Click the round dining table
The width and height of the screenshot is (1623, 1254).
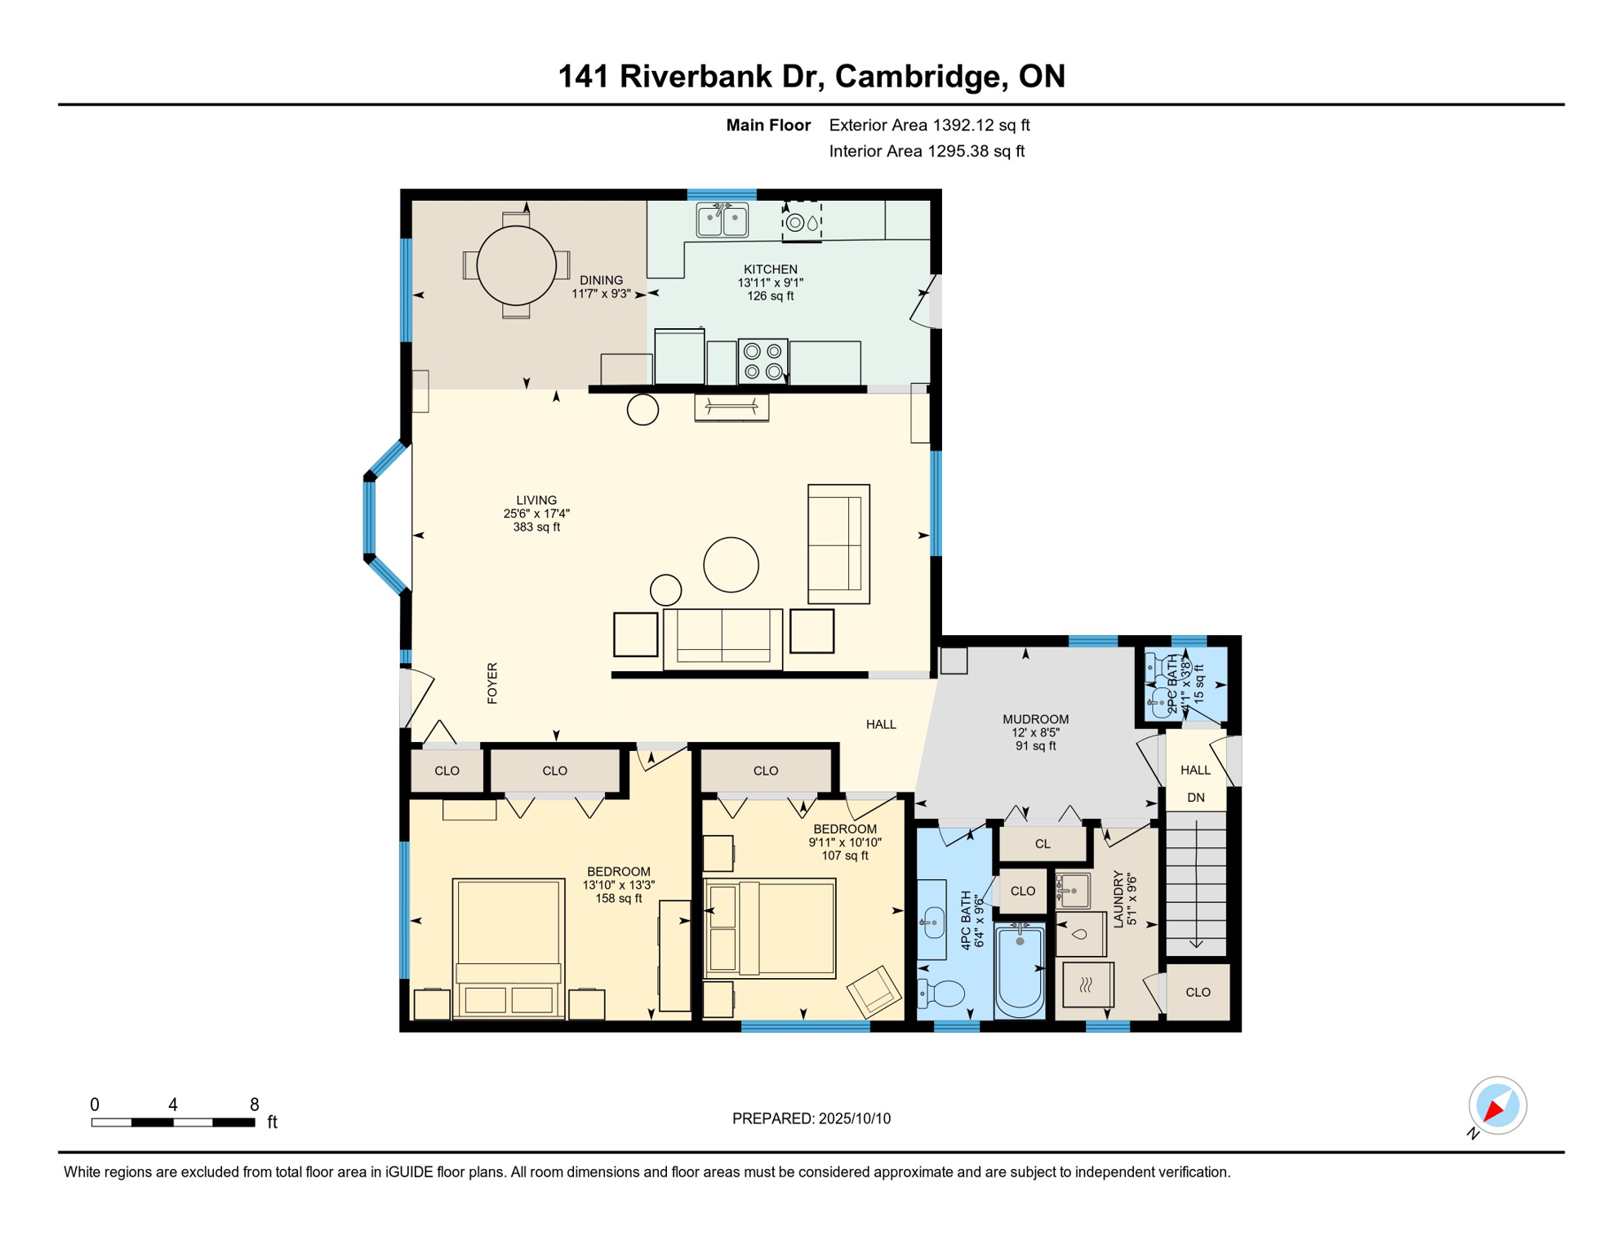pyautogui.click(x=516, y=265)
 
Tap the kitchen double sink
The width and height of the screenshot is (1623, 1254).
pyautogui.click(x=722, y=220)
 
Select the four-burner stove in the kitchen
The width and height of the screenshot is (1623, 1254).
pyautogui.click(x=763, y=361)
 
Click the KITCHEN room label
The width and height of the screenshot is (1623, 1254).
pyautogui.click(x=770, y=269)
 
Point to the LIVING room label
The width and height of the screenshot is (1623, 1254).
pyautogui.click(x=536, y=500)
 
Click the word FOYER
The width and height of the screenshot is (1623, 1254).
pyautogui.click(x=492, y=683)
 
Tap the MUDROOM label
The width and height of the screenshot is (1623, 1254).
pyautogui.click(x=1035, y=719)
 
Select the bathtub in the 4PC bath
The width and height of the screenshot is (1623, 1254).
pyautogui.click(x=1020, y=972)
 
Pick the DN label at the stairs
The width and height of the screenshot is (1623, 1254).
pyautogui.click(x=1195, y=798)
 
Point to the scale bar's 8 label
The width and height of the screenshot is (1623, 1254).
pyautogui.click(x=254, y=1105)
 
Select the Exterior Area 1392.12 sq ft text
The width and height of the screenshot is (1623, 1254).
pyautogui.click(x=929, y=125)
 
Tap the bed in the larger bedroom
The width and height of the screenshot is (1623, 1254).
pyautogui.click(x=509, y=947)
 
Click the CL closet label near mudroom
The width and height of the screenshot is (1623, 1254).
pyautogui.click(x=1043, y=844)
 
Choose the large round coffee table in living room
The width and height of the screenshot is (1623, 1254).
pyautogui.click(x=731, y=564)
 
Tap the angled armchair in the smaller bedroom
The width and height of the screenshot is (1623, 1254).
pyautogui.click(x=874, y=991)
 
